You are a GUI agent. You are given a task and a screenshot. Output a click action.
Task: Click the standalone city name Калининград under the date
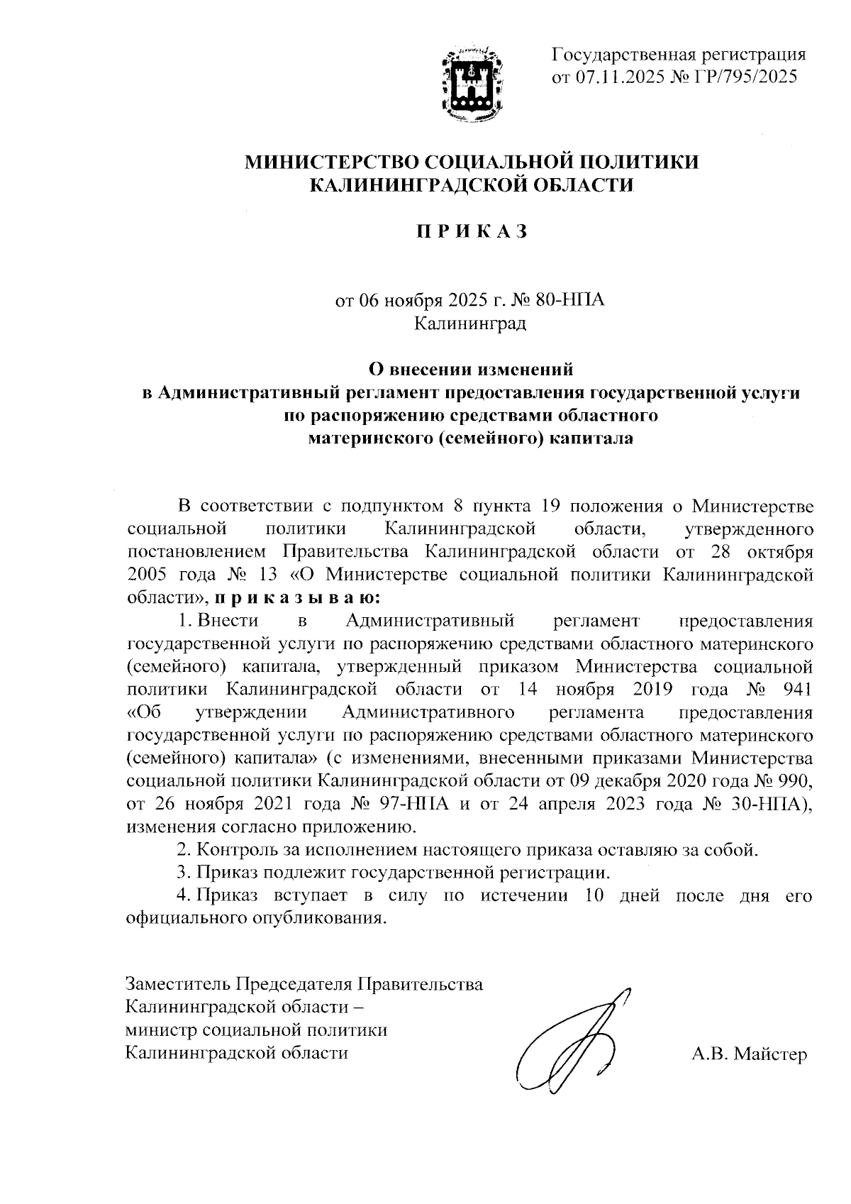pyautogui.click(x=471, y=324)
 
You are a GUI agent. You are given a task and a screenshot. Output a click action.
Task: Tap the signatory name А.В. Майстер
pyautogui.click(x=750, y=1055)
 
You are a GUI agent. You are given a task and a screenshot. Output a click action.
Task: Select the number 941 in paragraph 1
pyautogui.click(x=795, y=689)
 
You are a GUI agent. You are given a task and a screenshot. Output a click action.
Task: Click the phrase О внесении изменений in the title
pyautogui.click(x=471, y=370)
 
